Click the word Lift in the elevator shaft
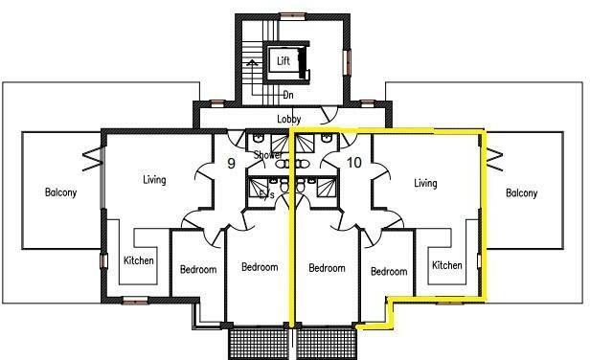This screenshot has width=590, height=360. point(284,61)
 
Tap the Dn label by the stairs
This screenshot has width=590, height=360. point(287,95)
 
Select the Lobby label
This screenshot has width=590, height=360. point(289,119)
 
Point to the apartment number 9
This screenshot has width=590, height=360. point(231,163)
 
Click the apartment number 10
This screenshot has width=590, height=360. point(353,163)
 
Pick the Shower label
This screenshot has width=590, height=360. point(267,155)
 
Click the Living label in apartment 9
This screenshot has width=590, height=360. point(154,180)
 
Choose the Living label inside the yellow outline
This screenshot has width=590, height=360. point(425,183)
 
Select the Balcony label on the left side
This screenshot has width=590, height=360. point(60,192)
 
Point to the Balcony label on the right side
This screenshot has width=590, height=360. point(522,192)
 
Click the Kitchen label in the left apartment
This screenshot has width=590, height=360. point(139,260)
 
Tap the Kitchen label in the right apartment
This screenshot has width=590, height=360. point(447,265)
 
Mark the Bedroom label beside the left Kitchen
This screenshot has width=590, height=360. point(198,270)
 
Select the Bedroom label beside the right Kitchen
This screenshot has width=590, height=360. point(389,271)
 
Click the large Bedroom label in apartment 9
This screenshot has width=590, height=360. point(259,267)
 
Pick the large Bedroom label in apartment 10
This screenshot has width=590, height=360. point(327,268)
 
